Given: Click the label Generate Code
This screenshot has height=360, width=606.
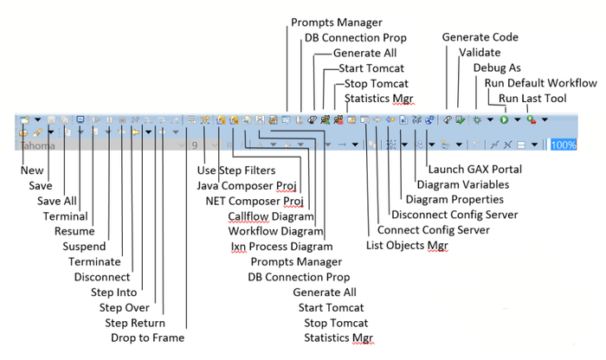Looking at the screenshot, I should click(480, 37).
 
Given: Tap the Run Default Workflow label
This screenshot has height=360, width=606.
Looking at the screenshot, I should click(540, 83).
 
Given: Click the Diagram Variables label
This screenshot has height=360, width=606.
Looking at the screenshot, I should click(463, 184).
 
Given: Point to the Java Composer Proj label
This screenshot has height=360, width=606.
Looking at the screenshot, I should click(247, 184).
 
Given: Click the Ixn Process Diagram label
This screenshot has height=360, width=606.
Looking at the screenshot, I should click(275, 246).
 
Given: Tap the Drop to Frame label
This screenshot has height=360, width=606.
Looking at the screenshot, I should click(147, 337).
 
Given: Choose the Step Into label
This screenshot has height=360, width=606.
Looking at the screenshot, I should click(114, 292).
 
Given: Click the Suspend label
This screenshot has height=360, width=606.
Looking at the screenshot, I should click(86, 247).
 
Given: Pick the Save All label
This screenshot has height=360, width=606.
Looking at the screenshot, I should click(57, 201).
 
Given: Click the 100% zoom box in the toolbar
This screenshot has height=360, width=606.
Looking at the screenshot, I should click(563, 145).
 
